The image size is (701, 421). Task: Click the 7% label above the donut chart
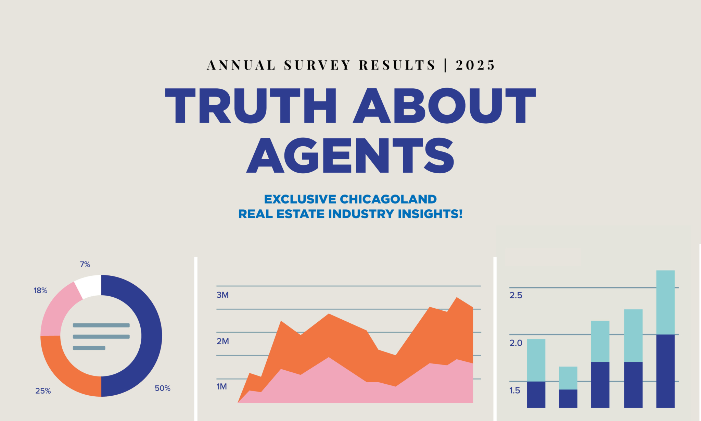pos(85,264)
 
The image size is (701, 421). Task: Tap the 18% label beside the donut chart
pos(40,290)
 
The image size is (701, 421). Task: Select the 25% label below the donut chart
pos(43,391)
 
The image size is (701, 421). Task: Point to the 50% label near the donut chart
pos(163,388)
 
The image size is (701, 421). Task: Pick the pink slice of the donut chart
pos(56,312)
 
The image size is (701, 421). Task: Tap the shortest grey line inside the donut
pos(89,348)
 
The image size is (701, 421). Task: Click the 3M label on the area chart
pos(222,295)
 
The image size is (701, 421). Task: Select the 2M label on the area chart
pos(222,341)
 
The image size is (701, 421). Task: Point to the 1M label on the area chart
pos(221,386)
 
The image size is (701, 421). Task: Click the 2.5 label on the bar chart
pos(516,295)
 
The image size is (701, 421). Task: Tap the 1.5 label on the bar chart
pos(515,390)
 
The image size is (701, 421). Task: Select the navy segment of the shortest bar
pos(568,398)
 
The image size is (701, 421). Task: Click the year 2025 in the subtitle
pos(475,65)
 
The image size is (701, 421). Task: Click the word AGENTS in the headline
pos(350,156)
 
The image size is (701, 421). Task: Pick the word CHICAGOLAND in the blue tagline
pos(388,199)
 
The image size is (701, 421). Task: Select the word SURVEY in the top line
pos(317,65)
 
